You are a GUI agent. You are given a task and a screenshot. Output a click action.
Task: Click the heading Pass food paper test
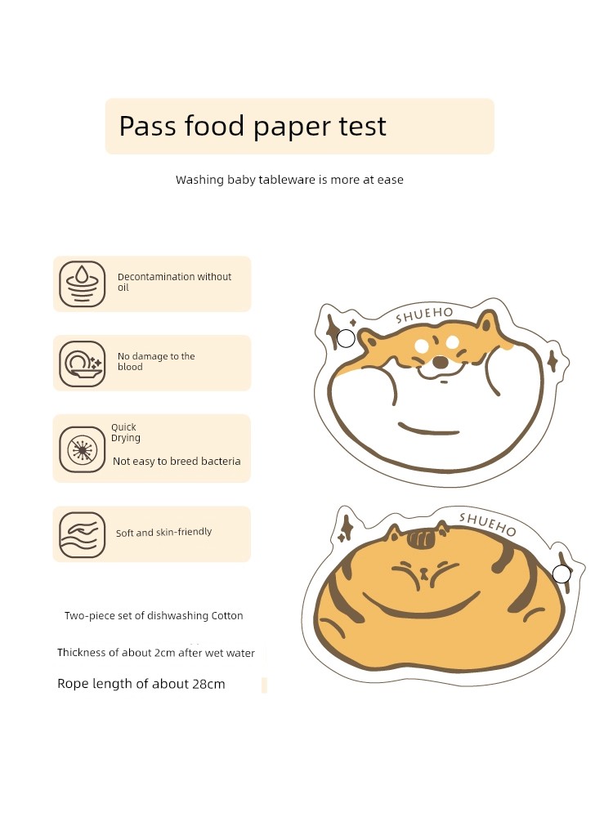(253, 127)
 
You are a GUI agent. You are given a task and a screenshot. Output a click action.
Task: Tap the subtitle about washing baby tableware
(289, 180)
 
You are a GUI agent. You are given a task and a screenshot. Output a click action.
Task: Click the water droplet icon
(83, 284)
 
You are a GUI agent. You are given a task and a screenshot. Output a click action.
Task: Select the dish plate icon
(83, 364)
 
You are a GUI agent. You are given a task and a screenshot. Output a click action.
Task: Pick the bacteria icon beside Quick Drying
(83, 449)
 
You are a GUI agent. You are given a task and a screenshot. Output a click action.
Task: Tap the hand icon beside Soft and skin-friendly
(83, 534)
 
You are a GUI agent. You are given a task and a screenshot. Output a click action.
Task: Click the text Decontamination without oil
(174, 282)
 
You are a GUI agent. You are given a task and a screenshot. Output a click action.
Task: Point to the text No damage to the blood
(156, 362)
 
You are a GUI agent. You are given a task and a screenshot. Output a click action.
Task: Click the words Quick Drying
(126, 432)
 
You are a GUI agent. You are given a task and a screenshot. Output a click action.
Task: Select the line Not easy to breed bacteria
(177, 461)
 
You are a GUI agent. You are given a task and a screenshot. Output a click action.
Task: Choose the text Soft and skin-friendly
(163, 532)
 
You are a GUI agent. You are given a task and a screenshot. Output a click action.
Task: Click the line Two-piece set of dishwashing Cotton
(154, 615)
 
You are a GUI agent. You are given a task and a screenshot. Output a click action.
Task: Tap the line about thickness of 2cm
(156, 653)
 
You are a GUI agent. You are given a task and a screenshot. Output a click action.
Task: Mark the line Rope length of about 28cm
(141, 684)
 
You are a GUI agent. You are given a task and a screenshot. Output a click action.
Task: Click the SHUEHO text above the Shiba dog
(424, 315)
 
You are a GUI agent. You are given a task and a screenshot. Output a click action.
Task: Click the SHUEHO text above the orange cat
(487, 525)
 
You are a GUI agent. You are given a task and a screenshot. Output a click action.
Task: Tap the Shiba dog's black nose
(441, 362)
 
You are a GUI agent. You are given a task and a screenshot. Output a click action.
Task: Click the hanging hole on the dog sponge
(346, 339)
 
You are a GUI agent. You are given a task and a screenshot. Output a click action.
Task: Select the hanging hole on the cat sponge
(562, 574)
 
